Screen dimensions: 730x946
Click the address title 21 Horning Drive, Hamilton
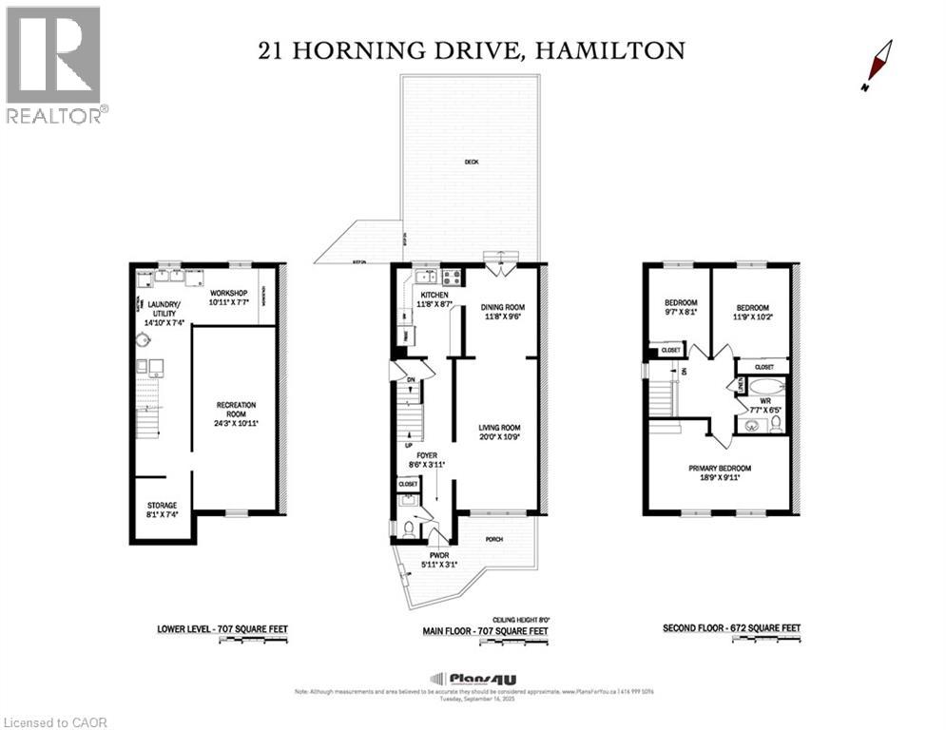point(472,50)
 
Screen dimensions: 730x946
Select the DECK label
point(471,162)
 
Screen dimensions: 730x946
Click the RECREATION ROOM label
point(235,411)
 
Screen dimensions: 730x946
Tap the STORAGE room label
point(162,509)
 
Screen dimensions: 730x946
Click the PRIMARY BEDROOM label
point(720,473)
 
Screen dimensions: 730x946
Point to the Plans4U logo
point(465,678)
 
